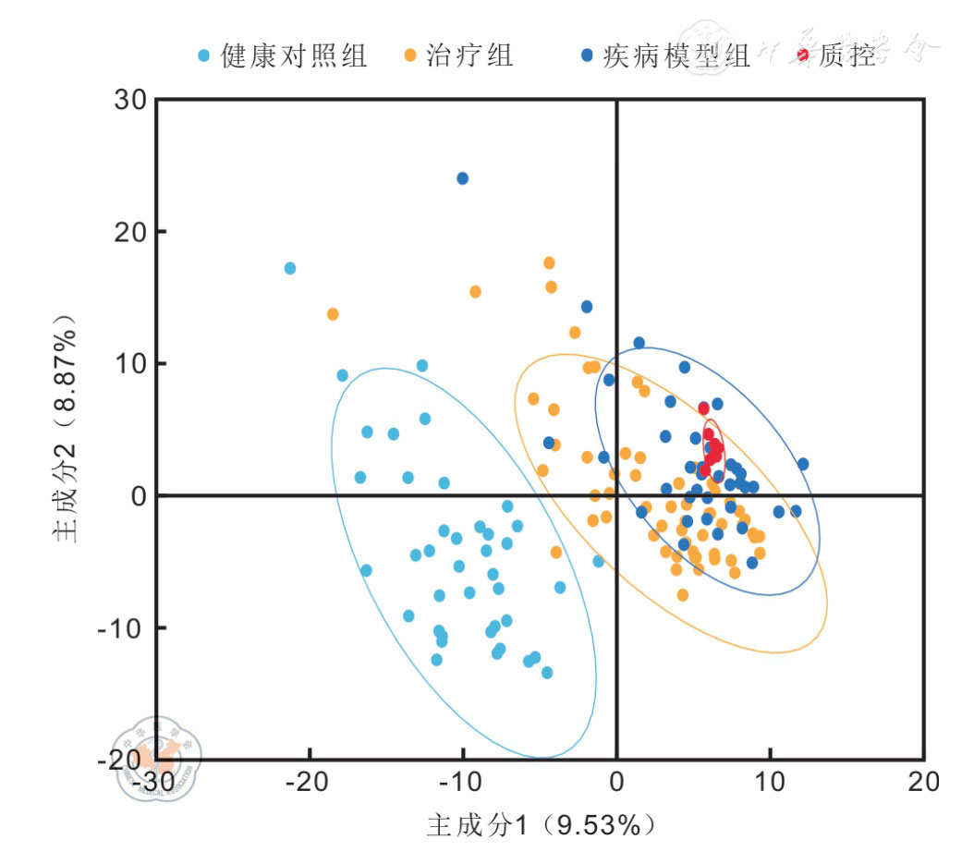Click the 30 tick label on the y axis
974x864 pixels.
[128, 100]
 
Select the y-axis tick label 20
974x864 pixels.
[128, 232]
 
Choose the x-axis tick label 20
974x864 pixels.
[922, 782]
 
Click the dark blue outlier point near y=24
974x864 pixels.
[463, 178]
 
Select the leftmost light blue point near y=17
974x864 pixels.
[290, 268]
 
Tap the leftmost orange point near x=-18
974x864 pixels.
[333, 314]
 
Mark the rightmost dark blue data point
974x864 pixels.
[803, 464]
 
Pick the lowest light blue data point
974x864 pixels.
[547, 673]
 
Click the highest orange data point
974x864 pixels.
[549, 263]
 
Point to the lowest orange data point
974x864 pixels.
[683, 595]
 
